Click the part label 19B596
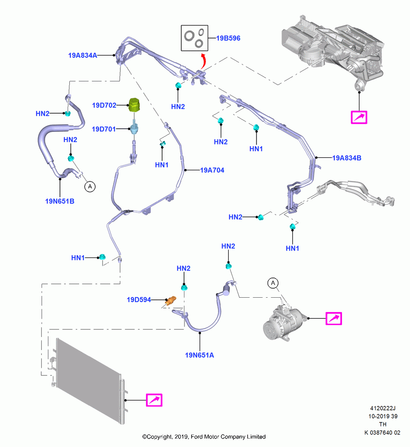[x=228, y=38]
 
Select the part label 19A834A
[x=82, y=55]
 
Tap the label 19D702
[x=104, y=105]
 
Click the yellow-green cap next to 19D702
[x=134, y=105]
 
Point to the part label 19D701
[x=104, y=129]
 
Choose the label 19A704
[x=212, y=170]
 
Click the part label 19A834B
[x=346, y=158]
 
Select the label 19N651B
[x=60, y=201]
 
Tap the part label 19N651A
[x=199, y=355]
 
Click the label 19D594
[x=139, y=299]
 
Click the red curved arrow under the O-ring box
[x=203, y=61]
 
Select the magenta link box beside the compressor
[x=334, y=318]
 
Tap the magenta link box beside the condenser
[x=154, y=400]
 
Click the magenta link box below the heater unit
[x=359, y=117]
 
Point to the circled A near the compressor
[x=273, y=283]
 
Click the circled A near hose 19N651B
[x=90, y=187]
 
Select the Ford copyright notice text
[x=204, y=437]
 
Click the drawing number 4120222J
[x=383, y=408]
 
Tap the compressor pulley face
[x=270, y=330]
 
